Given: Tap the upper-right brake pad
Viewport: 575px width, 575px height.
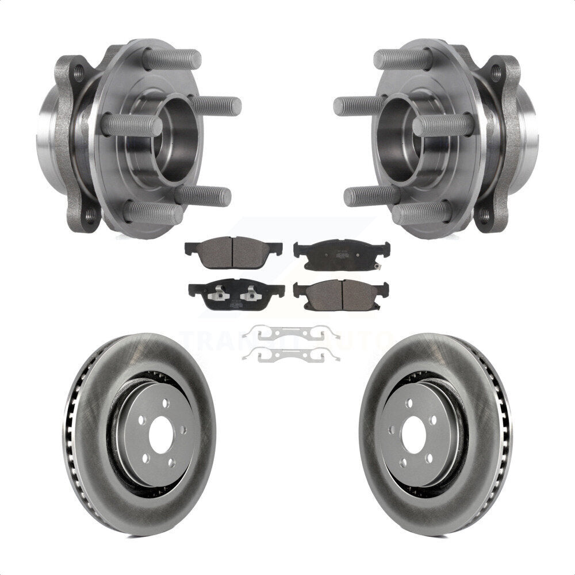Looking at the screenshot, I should coord(342,254).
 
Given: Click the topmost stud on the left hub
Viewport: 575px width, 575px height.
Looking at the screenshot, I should coord(172,59).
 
